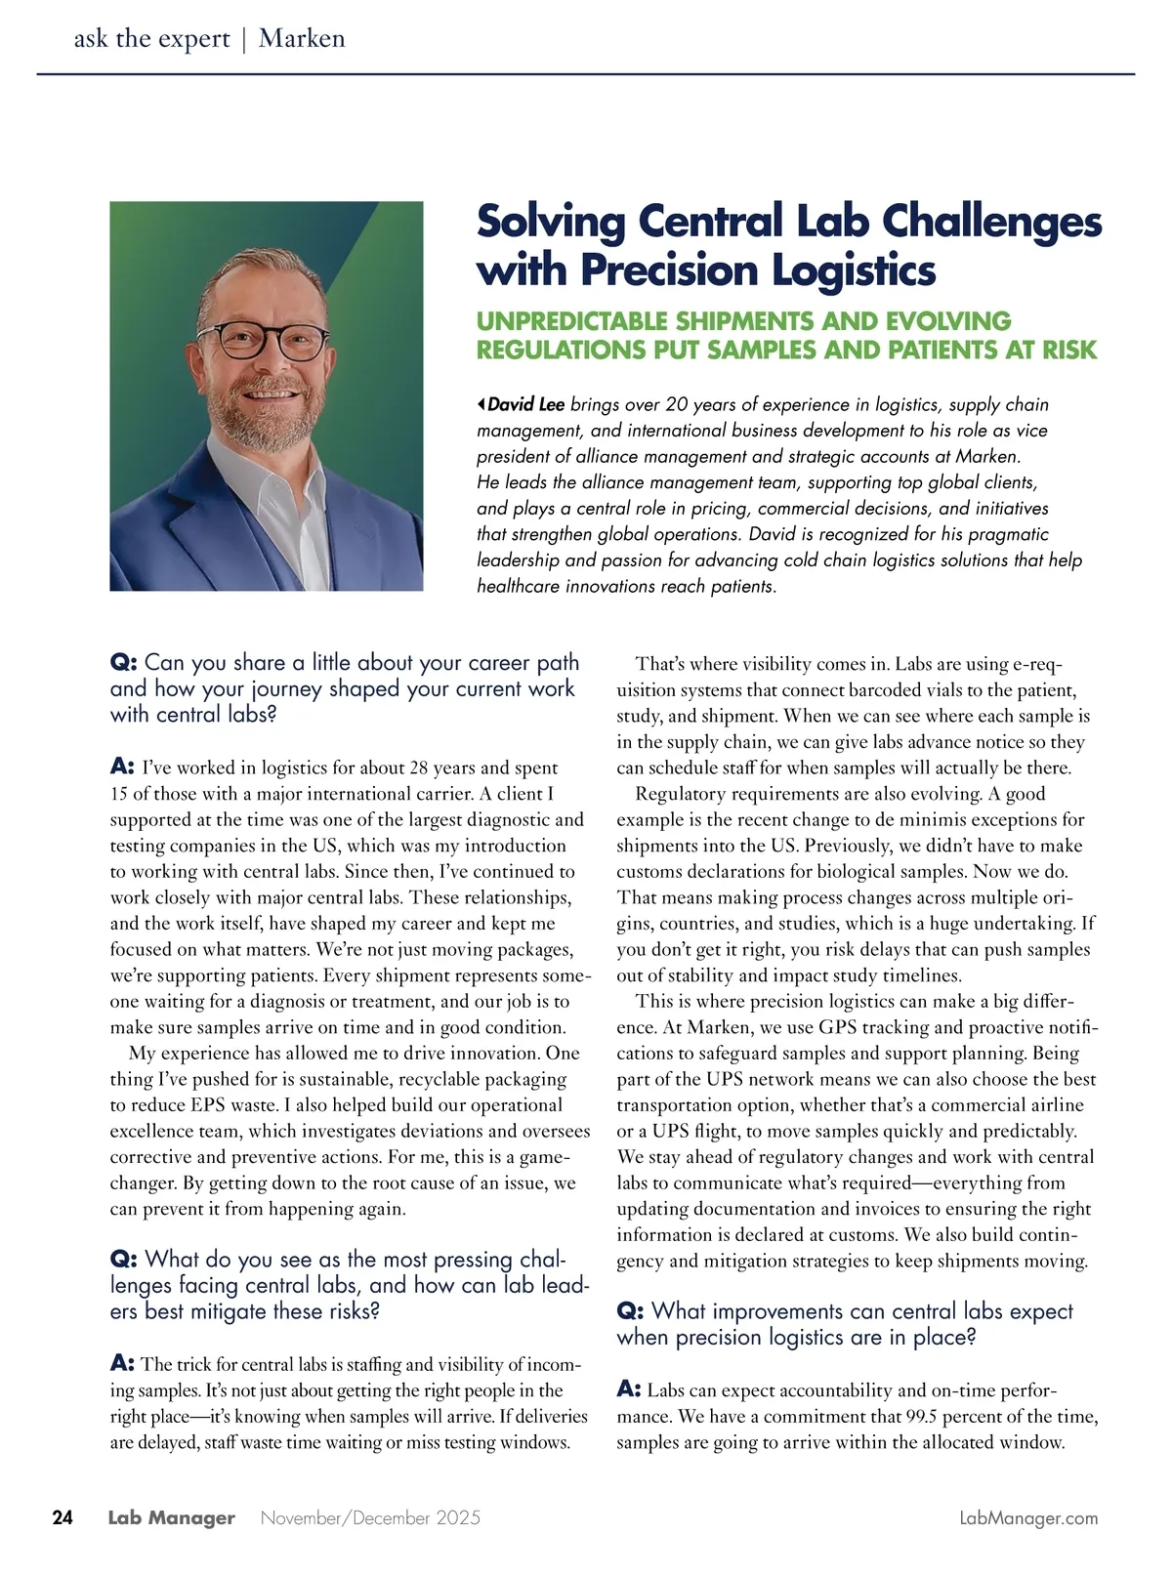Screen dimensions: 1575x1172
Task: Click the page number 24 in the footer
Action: (x=63, y=1517)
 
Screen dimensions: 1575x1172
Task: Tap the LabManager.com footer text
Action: (x=1029, y=1517)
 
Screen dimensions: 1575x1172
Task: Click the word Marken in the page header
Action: (x=302, y=39)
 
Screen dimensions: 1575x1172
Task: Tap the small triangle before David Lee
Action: (x=481, y=403)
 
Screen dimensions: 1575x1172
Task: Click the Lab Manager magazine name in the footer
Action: (x=171, y=1517)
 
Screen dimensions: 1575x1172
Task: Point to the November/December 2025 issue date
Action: (x=371, y=1517)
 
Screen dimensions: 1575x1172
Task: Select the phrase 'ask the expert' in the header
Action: (x=151, y=39)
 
